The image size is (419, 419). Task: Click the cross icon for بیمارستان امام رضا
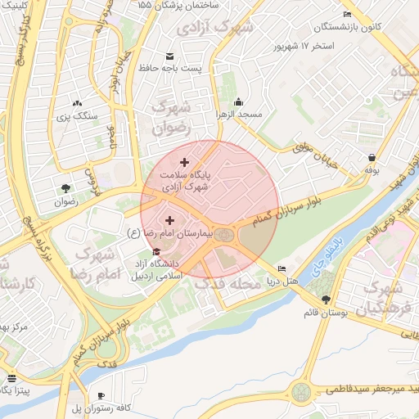pyautogui.click(x=170, y=220)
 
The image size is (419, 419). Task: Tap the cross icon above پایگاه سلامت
pyautogui.click(x=183, y=163)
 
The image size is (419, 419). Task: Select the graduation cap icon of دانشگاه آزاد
pyautogui.click(x=157, y=251)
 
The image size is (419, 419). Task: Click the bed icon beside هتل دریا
pyautogui.click(x=282, y=269)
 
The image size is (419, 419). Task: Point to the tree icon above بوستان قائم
pyautogui.click(x=327, y=300)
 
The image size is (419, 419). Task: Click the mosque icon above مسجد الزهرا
pyautogui.click(x=238, y=101)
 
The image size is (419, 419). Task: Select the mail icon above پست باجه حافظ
pyautogui.click(x=169, y=56)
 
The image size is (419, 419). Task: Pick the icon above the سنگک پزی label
pyautogui.click(x=77, y=104)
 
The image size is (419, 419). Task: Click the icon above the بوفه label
pyautogui.click(x=372, y=157)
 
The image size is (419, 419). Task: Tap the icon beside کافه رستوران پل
pyautogui.click(x=101, y=395)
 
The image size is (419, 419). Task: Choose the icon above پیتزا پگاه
pyautogui.click(x=11, y=379)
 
